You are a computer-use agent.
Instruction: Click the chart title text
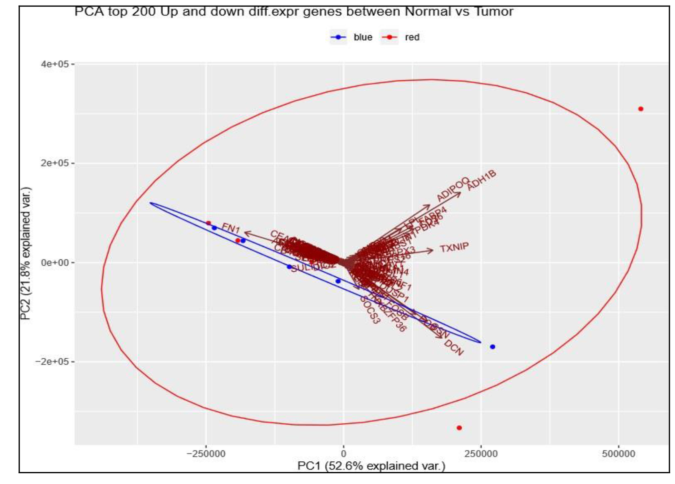293,12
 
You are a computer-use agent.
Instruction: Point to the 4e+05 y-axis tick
55,64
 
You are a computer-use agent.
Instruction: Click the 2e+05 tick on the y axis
55,163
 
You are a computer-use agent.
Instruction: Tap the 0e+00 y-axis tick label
55,263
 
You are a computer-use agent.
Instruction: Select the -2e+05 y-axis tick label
53,362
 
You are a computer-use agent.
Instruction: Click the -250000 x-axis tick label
206,454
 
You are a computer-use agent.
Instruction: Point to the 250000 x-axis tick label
481,454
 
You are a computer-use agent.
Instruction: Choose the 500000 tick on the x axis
618,454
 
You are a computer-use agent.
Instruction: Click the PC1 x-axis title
371,466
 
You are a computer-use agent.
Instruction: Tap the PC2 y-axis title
26,253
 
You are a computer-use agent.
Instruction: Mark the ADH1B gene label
481,180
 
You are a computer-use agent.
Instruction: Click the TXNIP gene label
454,248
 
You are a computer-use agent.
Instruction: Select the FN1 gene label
231,229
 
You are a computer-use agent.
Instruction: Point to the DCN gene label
454,348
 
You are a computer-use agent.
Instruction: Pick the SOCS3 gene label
370,310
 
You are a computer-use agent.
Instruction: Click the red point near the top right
641,109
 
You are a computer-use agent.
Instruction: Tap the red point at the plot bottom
459,428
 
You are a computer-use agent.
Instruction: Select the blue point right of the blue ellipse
492,347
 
